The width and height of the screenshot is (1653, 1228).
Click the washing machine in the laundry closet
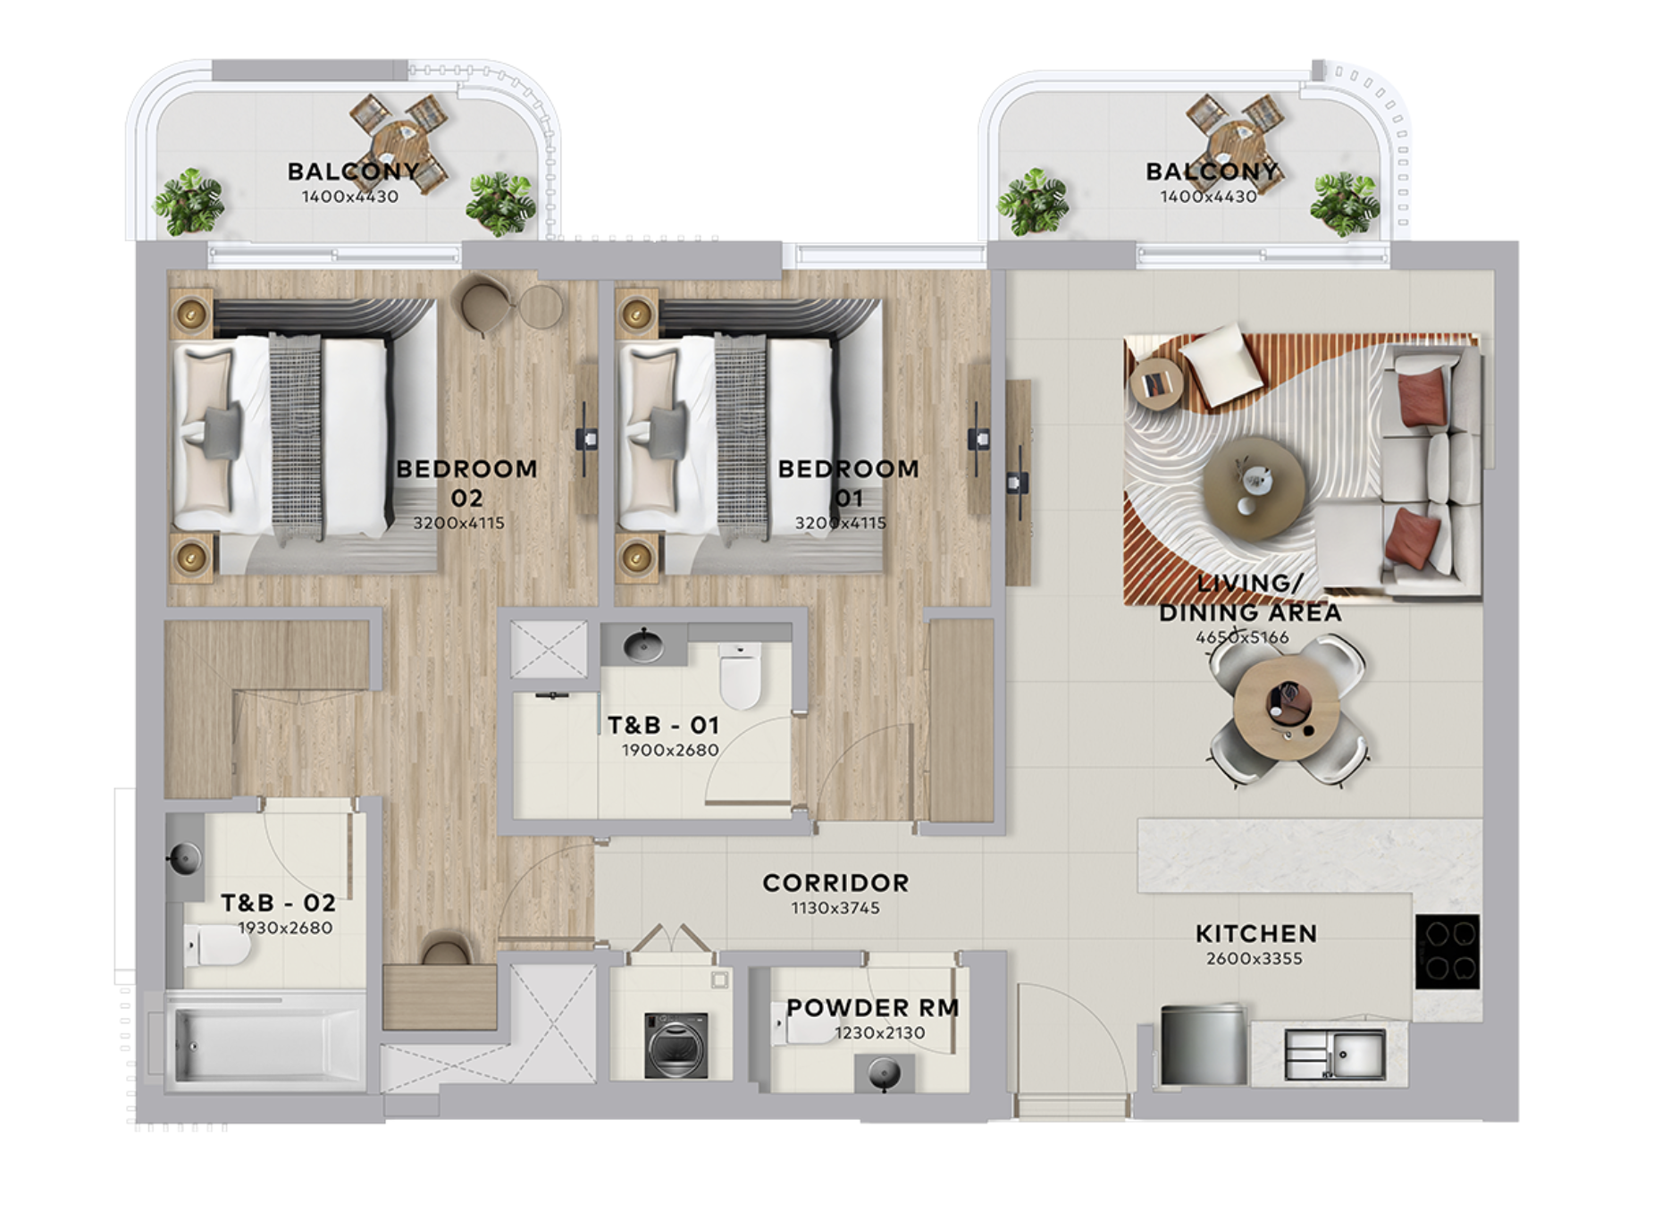coord(676,1045)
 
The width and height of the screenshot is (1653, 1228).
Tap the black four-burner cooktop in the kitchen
coord(1447,951)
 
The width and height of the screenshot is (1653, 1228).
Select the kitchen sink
coord(1334,1054)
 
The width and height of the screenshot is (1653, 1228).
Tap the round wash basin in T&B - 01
coord(642,643)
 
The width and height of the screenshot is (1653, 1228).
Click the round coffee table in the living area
coord(1254,487)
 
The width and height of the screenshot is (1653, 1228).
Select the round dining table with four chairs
coord(1287,710)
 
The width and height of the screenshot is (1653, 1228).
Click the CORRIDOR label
coord(835,883)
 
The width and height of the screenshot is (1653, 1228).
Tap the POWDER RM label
coord(872,1007)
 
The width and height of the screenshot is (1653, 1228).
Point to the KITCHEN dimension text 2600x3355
coord(1254,959)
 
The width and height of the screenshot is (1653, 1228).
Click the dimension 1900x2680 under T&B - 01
coord(670,750)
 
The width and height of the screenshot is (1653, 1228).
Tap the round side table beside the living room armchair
coord(1156,383)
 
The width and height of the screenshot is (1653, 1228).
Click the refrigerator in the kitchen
coord(1203,1045)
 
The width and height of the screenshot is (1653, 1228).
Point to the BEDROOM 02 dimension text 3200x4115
coord(458,523)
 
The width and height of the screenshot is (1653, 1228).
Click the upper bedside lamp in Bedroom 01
coord(637,314)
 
